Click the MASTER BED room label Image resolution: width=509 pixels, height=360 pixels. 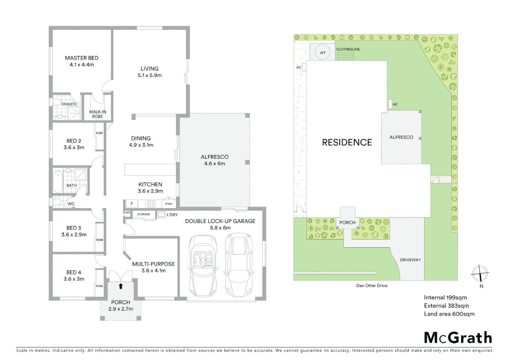pos(82,58)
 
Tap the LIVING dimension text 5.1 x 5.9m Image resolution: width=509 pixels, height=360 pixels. pos(150,75)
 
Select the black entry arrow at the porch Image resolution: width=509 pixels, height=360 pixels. pos(121,286)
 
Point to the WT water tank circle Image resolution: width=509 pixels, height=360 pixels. pos(322,53)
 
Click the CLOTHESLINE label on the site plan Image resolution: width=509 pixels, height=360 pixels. pos(348,49)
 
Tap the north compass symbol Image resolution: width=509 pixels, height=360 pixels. pos(480,274)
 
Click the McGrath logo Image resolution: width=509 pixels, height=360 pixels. pos(458,338)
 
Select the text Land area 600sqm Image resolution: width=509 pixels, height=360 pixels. pos(449,314)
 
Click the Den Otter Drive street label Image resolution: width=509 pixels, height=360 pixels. pos(372,286)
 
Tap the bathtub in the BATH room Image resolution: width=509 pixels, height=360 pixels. pos(58,182)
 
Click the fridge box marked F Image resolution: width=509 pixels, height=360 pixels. pos(132,204)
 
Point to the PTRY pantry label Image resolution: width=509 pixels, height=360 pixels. pos(169,204)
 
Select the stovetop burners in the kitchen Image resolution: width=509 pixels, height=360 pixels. pos(151,204)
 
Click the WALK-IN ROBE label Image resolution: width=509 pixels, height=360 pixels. pos(97,114)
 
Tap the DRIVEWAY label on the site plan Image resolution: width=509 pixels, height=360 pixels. pos(410,260)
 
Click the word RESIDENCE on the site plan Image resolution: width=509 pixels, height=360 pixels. pos(347,143)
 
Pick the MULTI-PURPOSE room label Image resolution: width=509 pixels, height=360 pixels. pos(153,264)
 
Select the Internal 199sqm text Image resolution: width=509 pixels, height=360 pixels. pos(445,298)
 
